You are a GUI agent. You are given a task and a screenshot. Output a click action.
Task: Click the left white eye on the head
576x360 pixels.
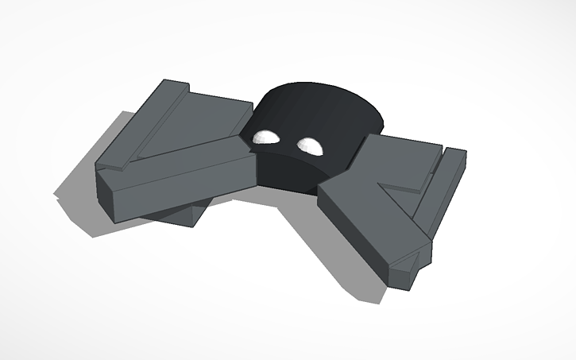265,137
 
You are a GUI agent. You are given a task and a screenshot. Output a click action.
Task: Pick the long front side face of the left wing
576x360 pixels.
175,186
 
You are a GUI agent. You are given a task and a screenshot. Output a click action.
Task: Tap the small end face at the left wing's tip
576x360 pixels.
112,195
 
